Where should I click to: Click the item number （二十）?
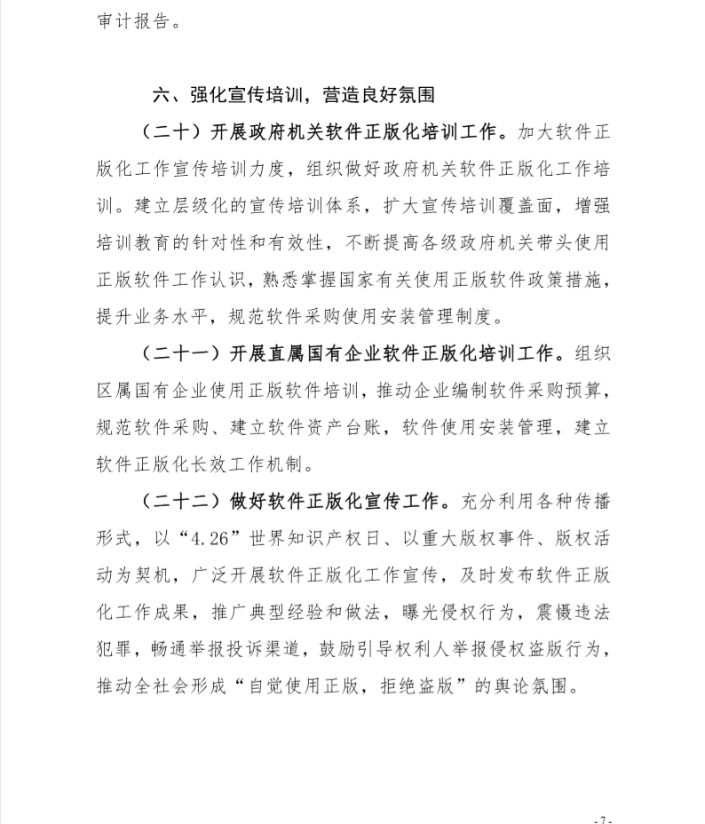pyautogui.click(x=170, y=132)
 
